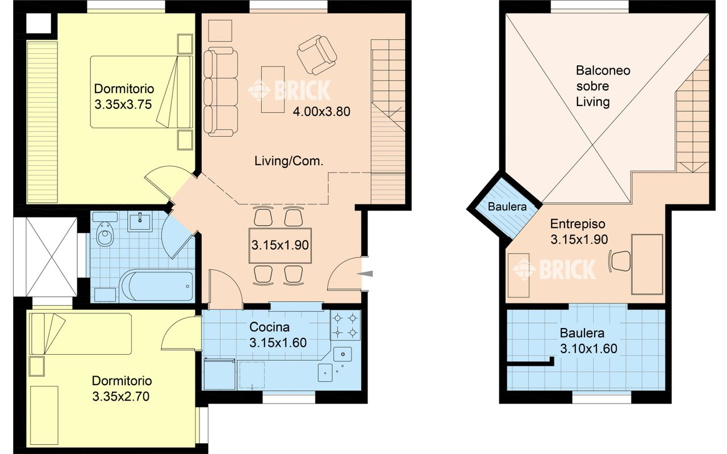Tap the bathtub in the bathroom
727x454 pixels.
[x=156, y=287]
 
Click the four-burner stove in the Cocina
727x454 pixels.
[x=345, y=325]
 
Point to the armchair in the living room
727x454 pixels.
[x=316, y=55]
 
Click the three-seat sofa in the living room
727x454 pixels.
[x=221, y=91]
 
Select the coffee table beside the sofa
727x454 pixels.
[x=273, y=90]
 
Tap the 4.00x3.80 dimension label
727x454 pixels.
[x=321, y=112]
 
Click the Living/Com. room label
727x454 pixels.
[x=289, y=161]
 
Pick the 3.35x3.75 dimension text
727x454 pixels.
[x=123, y=104]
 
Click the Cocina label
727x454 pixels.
[x=269, y=327]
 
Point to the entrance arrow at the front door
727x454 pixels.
[x=365, y=274]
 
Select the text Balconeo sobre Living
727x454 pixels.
[x=603, y=86]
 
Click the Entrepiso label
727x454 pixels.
[x=578, y=224]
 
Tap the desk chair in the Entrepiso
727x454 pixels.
[x=620, y=260]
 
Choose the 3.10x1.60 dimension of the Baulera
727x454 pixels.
[x=588, y=348]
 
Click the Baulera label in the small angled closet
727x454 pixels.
[x=507, y=207]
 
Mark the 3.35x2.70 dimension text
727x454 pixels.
[x=121, y=396]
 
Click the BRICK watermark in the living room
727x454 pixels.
[x=290, y=90]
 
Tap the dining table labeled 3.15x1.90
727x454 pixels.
[x=280, y=246]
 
